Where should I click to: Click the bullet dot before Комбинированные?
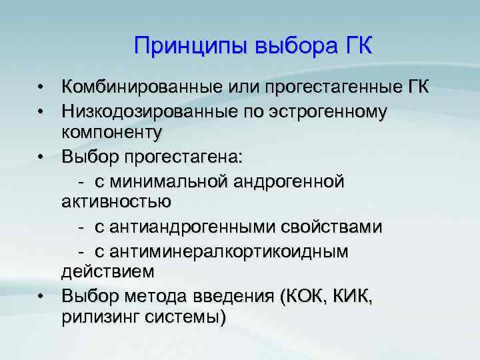[41, 88]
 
